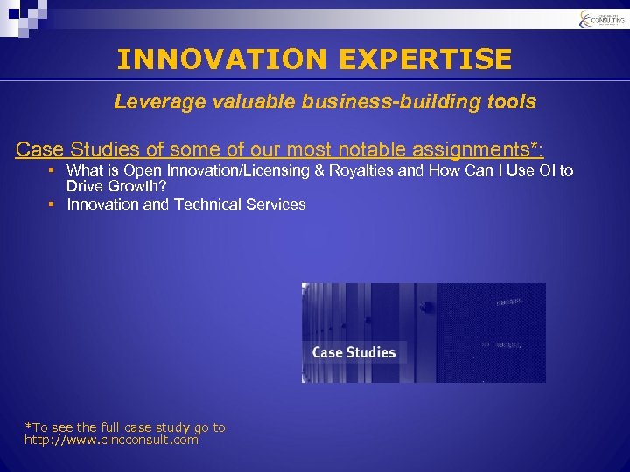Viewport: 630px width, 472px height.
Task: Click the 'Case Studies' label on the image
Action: [x=353, y=352]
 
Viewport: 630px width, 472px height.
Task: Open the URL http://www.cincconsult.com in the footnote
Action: [x=111, y=440]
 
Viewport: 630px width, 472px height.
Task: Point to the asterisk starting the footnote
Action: [x=28, y=427]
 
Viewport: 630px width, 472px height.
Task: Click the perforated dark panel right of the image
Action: [x=490, y=332]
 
